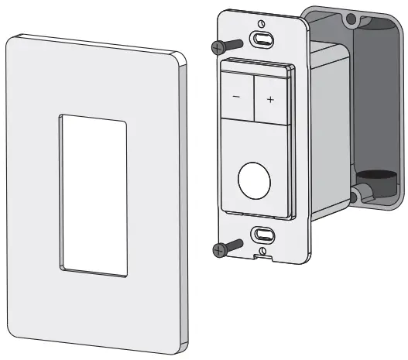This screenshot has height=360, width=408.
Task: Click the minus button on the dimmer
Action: click(x=236, y=98)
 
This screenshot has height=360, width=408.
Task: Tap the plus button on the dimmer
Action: click(x=270, y=99)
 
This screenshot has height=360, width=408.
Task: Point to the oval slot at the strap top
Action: click(x=262, y=39)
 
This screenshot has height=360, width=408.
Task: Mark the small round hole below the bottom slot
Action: click(x=262, y=249)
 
